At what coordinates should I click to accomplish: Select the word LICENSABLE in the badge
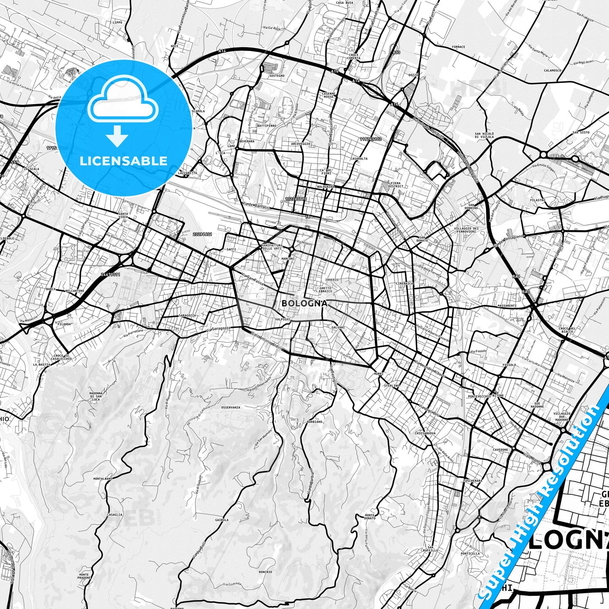pyautogui.click(x=123, y=161)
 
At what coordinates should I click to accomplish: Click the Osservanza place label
pyautogui.click(x=231, y=408)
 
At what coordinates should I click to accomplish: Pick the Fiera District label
pyautogui.click(x=396, y=184)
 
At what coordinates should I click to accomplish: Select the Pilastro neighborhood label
pyautogui.click(x=538, y=200)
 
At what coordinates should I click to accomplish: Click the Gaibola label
pyautogui.click(x=222, y=520)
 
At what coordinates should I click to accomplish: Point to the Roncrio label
pyautogui.click(x=266, y=572)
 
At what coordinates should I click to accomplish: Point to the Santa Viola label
pyautogui.click(x=123, y=215)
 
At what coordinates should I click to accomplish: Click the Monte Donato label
pyautogui.click(x=370, y=516)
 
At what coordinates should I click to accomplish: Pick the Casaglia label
pyautogui.click(x=115, y=515)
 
